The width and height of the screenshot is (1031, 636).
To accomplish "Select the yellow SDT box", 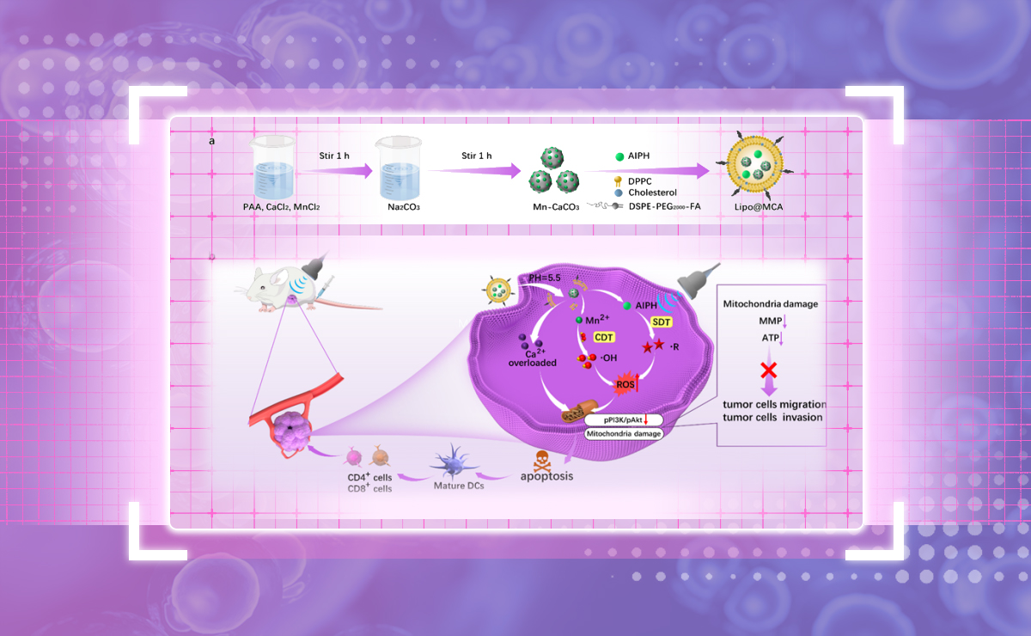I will point(662,320).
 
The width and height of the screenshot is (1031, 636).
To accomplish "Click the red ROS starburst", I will point(625,384).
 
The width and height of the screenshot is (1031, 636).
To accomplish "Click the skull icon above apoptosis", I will point(542,457).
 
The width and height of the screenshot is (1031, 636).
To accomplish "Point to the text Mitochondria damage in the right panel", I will point(771,303).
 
